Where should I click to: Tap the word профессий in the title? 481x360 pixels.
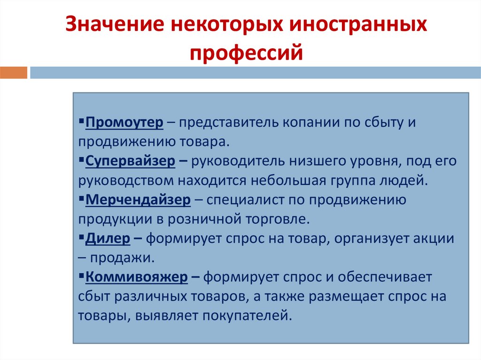pos(245,52)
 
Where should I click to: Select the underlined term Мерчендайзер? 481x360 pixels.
pos(138,200)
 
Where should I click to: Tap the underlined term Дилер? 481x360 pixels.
pos(108,238)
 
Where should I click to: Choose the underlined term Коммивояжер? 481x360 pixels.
pos(137,277)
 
